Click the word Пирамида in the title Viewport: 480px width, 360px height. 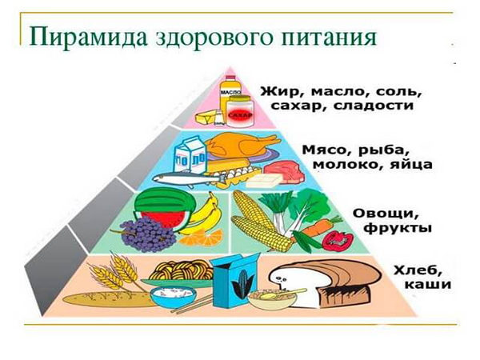pos(88,38)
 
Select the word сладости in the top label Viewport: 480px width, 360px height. pos(373,106)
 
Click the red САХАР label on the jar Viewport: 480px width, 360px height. pos(240,115)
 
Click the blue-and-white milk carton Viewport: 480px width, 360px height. pos(190,154)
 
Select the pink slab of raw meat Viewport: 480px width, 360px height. pos(284,171)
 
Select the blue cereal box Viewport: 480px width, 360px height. pos(235,280)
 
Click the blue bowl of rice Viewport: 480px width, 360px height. pos(174,296)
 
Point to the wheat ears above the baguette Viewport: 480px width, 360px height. pos(114,273)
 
